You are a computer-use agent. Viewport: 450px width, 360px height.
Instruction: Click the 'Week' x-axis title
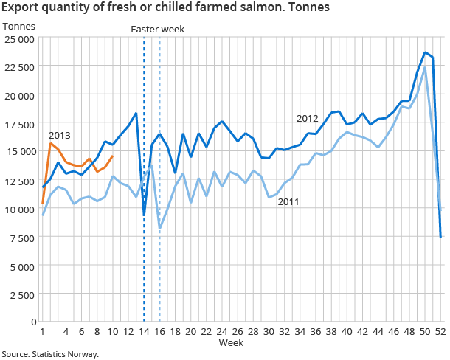[231, 344]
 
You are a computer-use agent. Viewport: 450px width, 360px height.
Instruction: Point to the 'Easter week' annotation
[156, 29]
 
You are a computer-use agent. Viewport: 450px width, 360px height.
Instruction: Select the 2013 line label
[60, 136]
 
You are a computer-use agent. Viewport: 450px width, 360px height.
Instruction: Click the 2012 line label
[308, 118]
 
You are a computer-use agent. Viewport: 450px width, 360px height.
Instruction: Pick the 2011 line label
[288, 203]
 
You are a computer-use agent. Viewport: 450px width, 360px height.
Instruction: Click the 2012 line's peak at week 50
[425, 52]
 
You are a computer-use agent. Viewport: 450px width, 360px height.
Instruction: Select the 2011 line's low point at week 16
[160, 229]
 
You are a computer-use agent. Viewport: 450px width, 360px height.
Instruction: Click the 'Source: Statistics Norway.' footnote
[49, 354]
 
